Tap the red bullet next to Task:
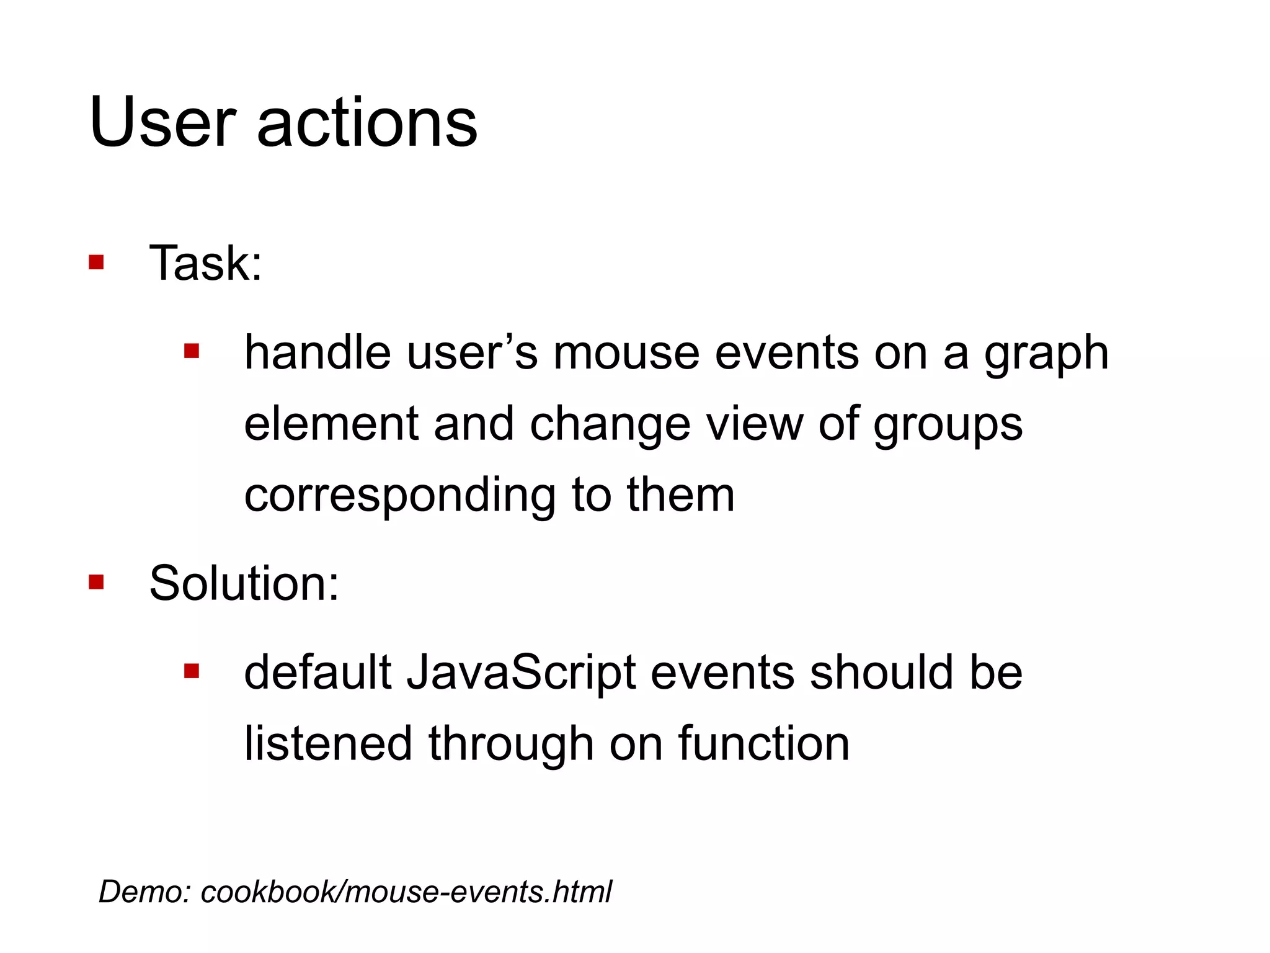96,262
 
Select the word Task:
206,263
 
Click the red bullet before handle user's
192,352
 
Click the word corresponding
399,496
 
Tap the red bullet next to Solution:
96,582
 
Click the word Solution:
244,583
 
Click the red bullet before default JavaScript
192,671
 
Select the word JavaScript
521,674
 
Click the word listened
328,744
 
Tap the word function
763,744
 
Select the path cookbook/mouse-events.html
406,892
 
